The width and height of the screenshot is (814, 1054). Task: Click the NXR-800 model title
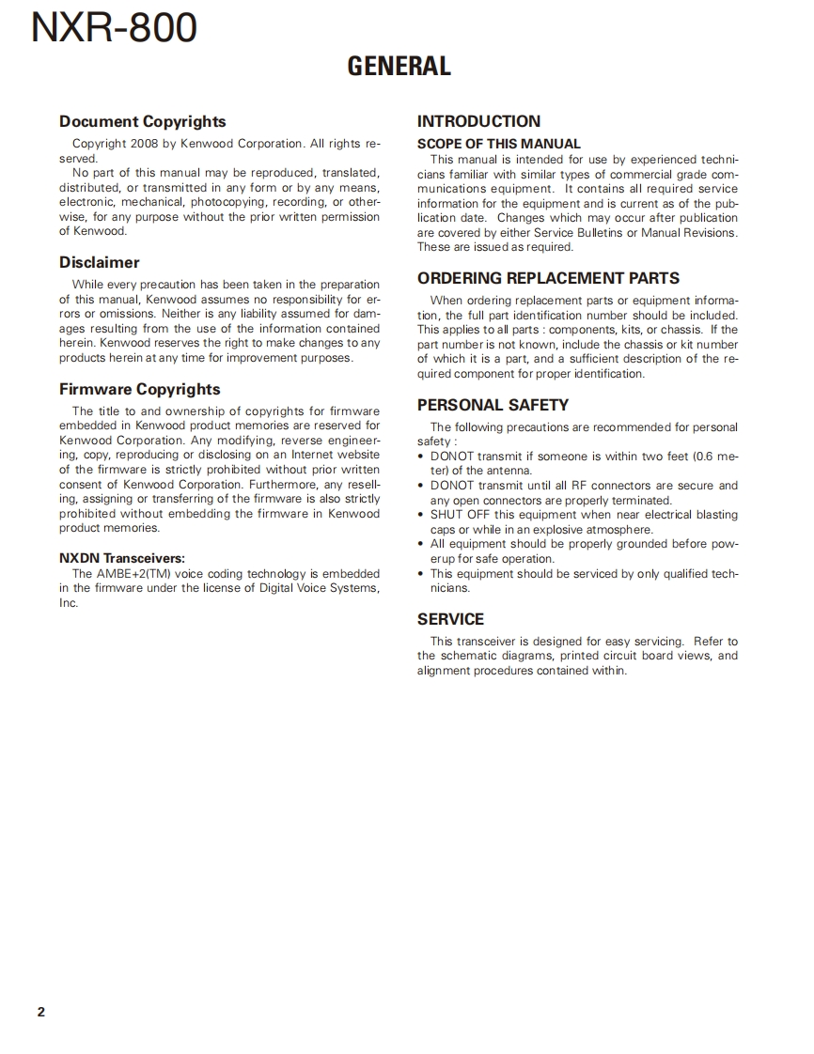click(x=114, y=28)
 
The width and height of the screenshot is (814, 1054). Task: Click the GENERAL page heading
click(x=399, y=66)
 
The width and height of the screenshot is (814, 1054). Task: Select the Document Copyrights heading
click(x=142, y=121)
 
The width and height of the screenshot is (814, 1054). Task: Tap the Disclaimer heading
click(x=99, y=262)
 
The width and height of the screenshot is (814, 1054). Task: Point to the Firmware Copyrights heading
click(x=139, y=389)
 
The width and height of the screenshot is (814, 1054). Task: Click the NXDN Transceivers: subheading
click(x=122, y=558)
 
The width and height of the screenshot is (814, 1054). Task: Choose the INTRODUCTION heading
click(x=478, y=121)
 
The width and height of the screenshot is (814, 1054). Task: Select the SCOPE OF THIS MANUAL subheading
click(x=499, y=144)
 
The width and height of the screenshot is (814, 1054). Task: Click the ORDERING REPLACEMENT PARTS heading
click(x=548, y=278)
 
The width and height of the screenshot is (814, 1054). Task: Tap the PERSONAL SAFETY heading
click(x=493, y=405)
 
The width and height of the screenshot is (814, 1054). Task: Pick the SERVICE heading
click(x=450, y=619)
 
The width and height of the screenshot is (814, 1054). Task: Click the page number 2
click(x=40, y=1012)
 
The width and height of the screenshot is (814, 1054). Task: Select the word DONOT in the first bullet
click(x=452, y=457)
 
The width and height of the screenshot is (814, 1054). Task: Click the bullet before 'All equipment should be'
click(x=422, y=544)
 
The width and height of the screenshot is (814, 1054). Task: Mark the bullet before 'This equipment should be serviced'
click(x=422, y=573)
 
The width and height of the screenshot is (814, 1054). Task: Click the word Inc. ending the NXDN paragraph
click(x=69, y=603)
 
